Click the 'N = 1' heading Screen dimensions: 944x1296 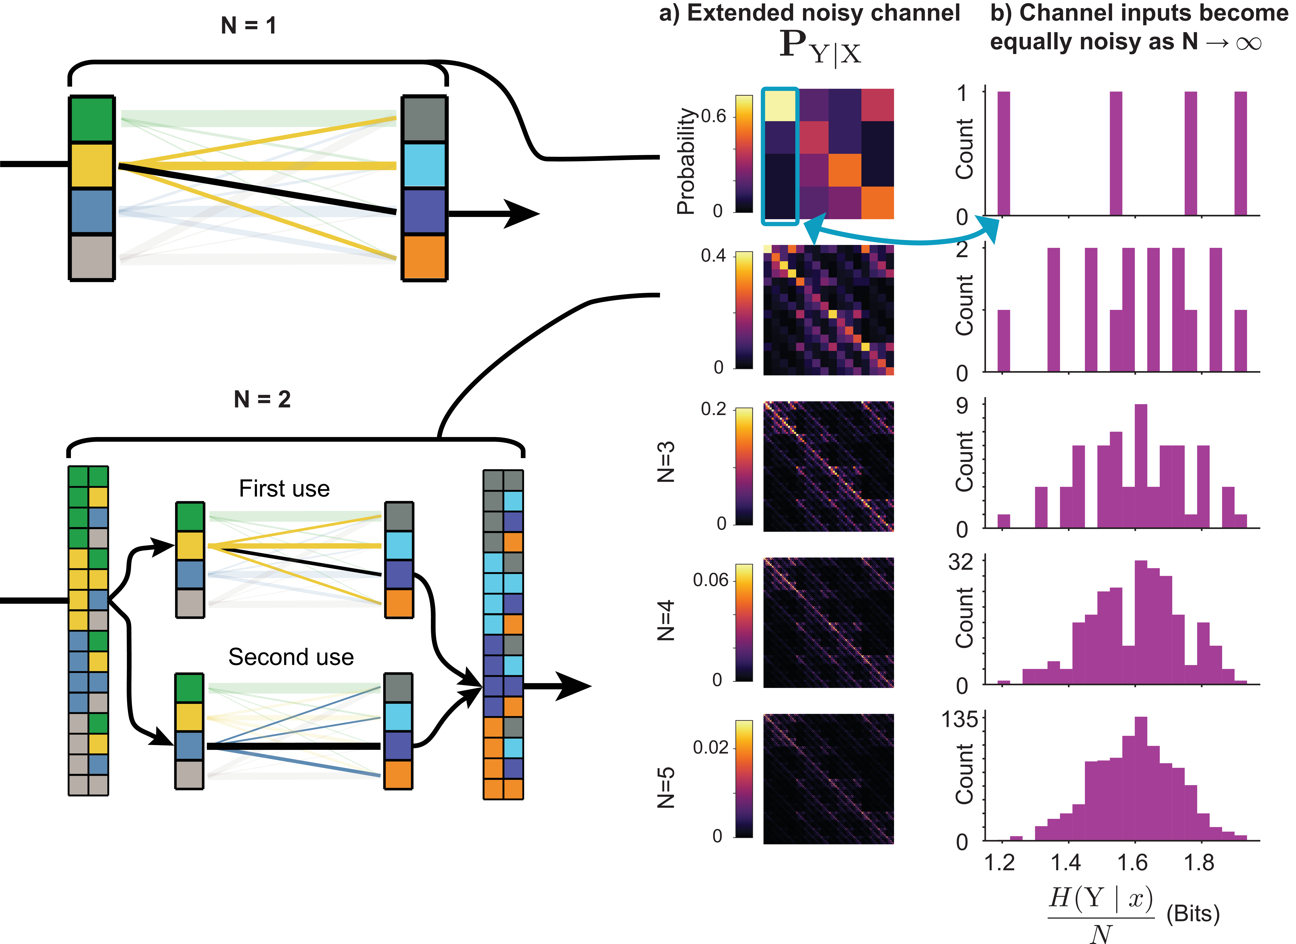[x=249, y=26]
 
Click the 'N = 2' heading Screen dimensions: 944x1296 [x=262, y=399]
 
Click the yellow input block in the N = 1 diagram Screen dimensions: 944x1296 [x=91, y=166]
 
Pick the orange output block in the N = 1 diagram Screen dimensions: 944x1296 [x=424, y=257]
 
